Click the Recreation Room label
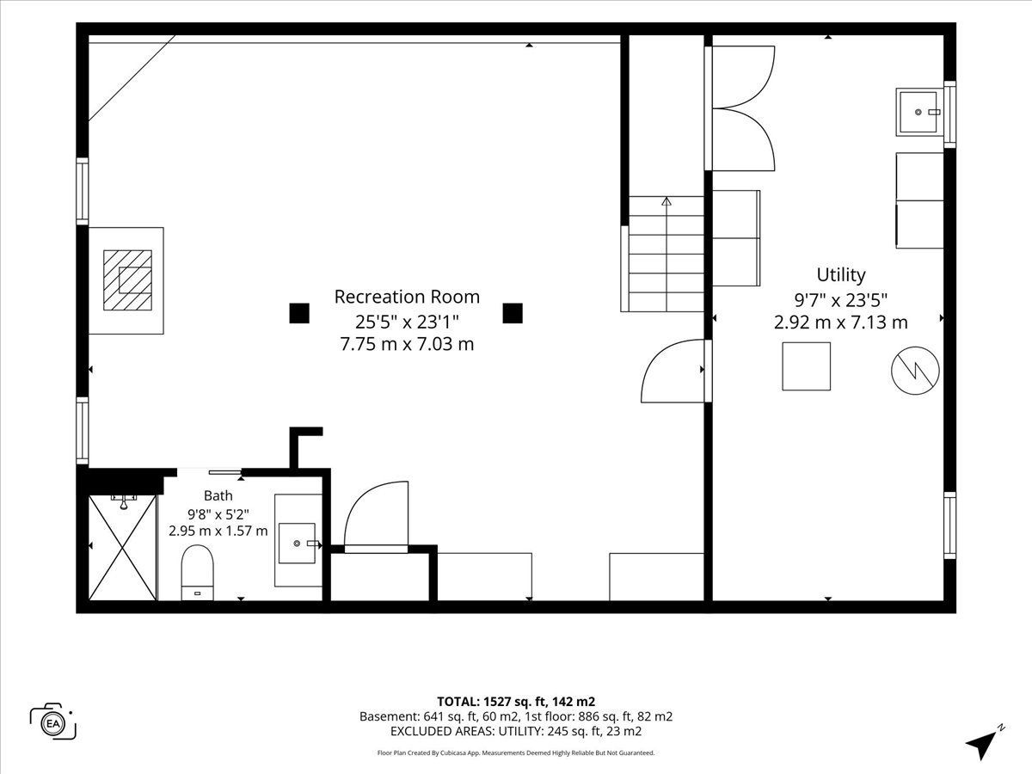407,297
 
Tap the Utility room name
840,275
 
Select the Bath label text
218,496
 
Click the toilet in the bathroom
198,572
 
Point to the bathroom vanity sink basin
297,544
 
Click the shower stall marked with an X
122,548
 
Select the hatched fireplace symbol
128,280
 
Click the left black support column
299,313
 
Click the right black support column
513,313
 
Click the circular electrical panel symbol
915,371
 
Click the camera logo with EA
53,723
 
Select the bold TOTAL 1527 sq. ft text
516,702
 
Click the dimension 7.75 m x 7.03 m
407,345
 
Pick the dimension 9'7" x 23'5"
840,300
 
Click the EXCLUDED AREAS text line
516,731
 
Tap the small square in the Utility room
806,366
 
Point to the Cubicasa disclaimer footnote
516,752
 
